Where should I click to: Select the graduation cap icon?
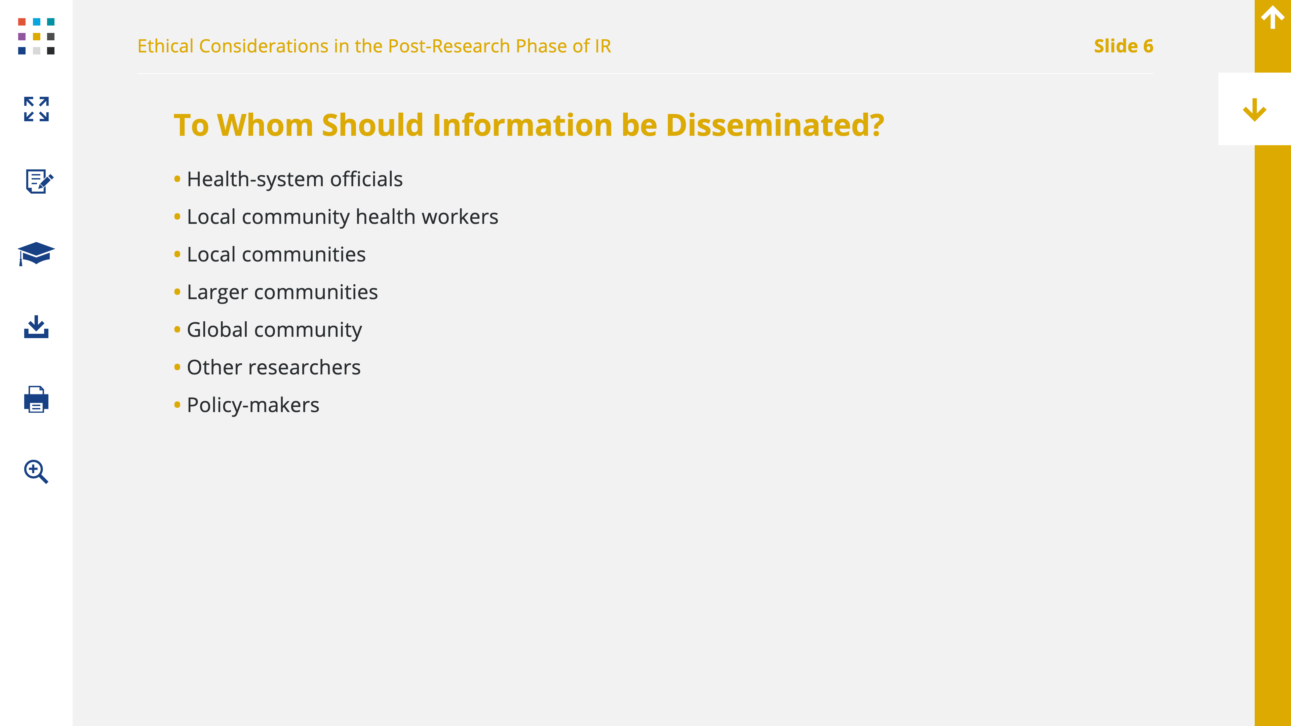click(36, 253)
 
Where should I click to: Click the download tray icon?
click(36, 327)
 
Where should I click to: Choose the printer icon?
click(36, 399)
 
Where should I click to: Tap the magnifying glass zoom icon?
click(36, 472)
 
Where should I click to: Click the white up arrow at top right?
click(1273, 17)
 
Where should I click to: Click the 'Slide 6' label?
click(1124, 46)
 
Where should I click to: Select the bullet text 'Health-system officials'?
click(295, 179)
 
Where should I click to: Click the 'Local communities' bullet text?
click(276, 254)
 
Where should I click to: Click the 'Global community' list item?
click(274, 330)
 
